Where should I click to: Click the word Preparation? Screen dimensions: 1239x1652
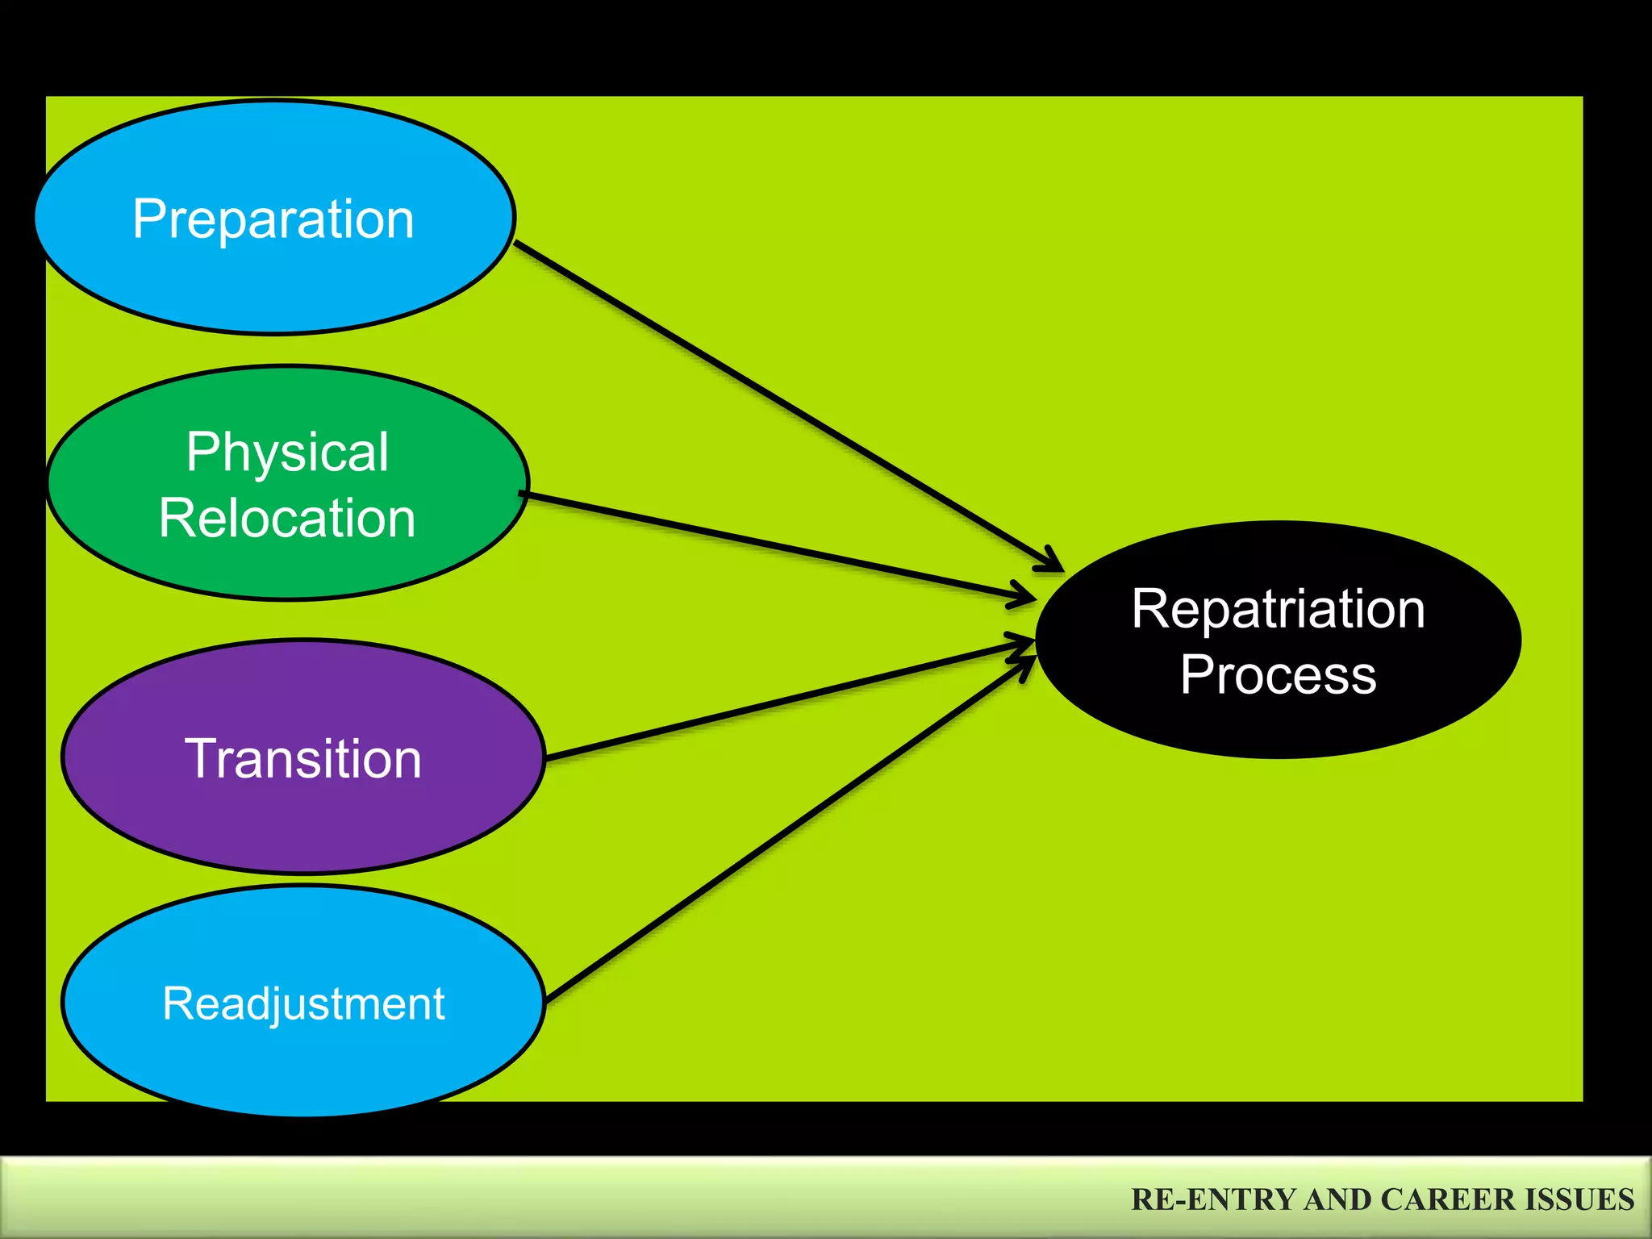click(x=273, y=219)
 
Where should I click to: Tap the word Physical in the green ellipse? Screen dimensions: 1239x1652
click(x=287, y=452)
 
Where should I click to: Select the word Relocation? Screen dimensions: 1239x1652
click(x=287, y=518)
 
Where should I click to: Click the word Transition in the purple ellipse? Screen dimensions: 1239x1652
click(x=303, y=759)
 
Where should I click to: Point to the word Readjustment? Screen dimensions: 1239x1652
click(x=303, y=1004)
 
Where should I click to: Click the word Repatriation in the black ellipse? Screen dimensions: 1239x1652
click(x=1278, y=609)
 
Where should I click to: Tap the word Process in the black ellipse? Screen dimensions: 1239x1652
click(x=1278, y=674)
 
